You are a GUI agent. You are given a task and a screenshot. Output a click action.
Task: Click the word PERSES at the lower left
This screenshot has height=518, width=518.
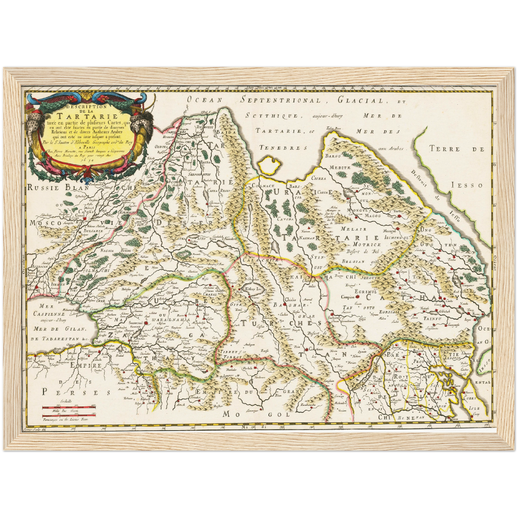76,392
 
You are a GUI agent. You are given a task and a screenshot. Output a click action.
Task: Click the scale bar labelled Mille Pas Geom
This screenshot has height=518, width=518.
67,407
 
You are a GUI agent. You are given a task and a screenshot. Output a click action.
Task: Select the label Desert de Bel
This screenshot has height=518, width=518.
362,251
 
